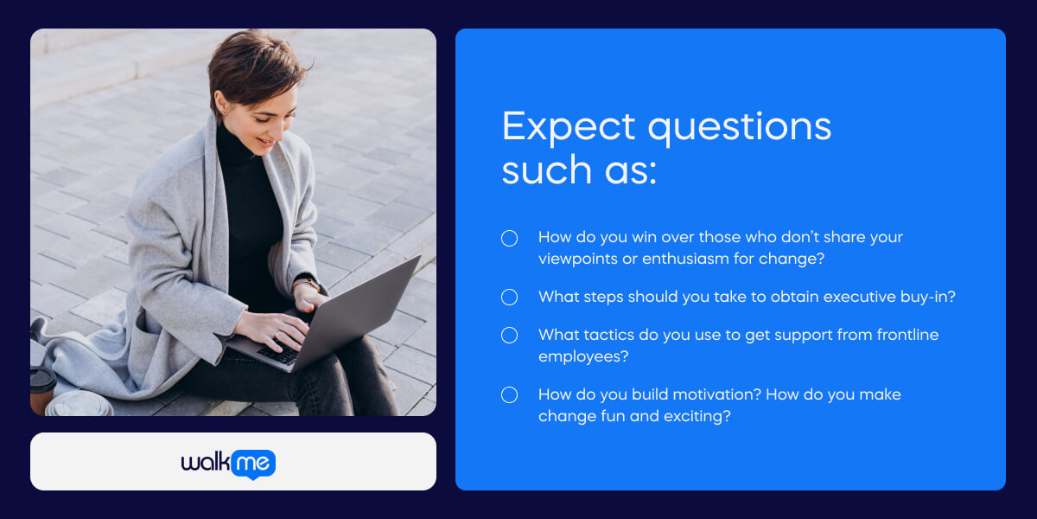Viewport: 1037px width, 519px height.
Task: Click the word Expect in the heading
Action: pyautogui.click(x=569, y=127)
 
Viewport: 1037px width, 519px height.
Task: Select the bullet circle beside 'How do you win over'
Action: pyautogui.click(x=509, y=238)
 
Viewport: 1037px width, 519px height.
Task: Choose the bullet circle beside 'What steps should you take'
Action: pyautogui.click(x=509, y=298)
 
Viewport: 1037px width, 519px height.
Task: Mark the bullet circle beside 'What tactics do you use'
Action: pyautogui.click(x=509, y=336)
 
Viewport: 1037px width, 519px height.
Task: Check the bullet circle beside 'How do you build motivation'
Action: pyautogui.click(x=509, y=395)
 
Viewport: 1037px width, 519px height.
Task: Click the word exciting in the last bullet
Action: pyautogui.click(x=699, y=416)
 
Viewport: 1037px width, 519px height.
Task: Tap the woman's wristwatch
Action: pyautogui.click(x=307, y=284)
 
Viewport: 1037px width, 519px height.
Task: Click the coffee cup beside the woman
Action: pyautogui.click(x=42, y=388)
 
